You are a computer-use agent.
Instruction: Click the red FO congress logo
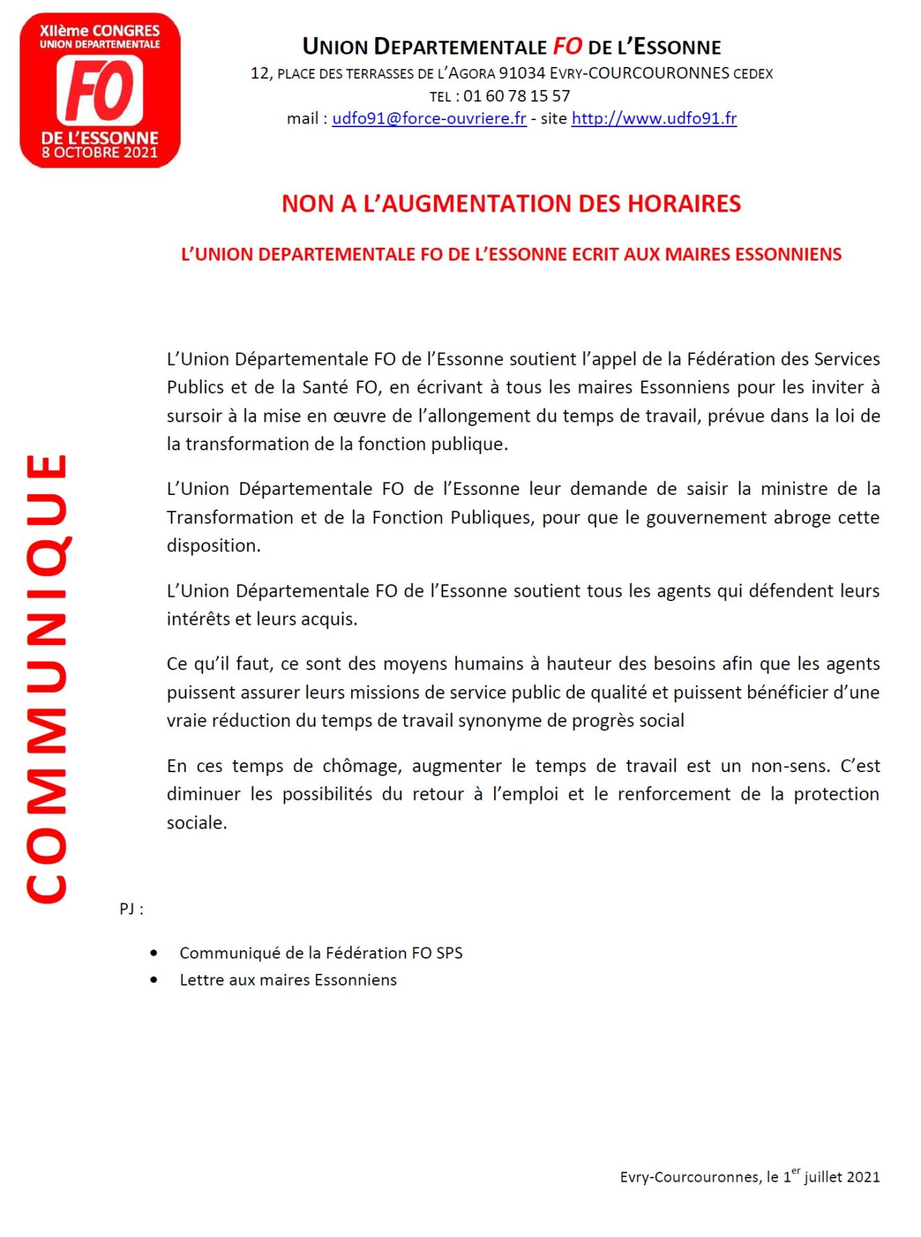100,90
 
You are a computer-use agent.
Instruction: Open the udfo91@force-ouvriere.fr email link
428,119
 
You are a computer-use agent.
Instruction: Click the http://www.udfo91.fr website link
654,119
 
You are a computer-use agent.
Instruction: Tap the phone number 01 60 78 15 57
516,96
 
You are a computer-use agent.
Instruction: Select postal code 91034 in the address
521,73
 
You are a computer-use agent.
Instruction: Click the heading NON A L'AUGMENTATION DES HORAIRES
511,204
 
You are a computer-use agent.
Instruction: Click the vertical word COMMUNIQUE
47,678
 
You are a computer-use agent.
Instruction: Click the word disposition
213,546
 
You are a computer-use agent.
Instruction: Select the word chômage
361,766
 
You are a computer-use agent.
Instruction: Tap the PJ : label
131,909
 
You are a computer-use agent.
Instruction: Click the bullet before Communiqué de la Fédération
153,953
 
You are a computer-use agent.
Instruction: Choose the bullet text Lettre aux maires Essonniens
288,980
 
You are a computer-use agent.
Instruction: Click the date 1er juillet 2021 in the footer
830,1176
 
